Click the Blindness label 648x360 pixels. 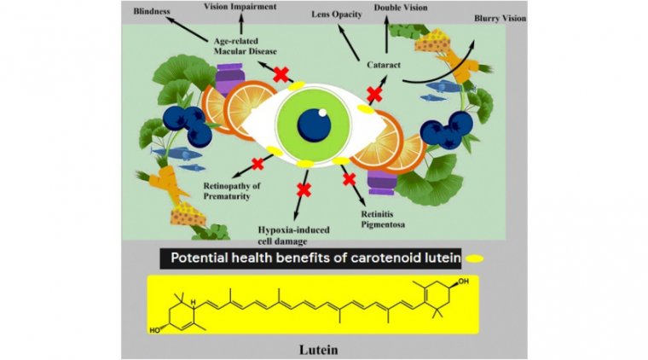[x=150, y=14]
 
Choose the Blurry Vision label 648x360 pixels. [x=499, y=18]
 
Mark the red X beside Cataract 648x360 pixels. [x=373, y=93]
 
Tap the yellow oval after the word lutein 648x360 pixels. [x=475, y=258]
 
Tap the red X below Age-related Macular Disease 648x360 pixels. [x=279, y=75]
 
